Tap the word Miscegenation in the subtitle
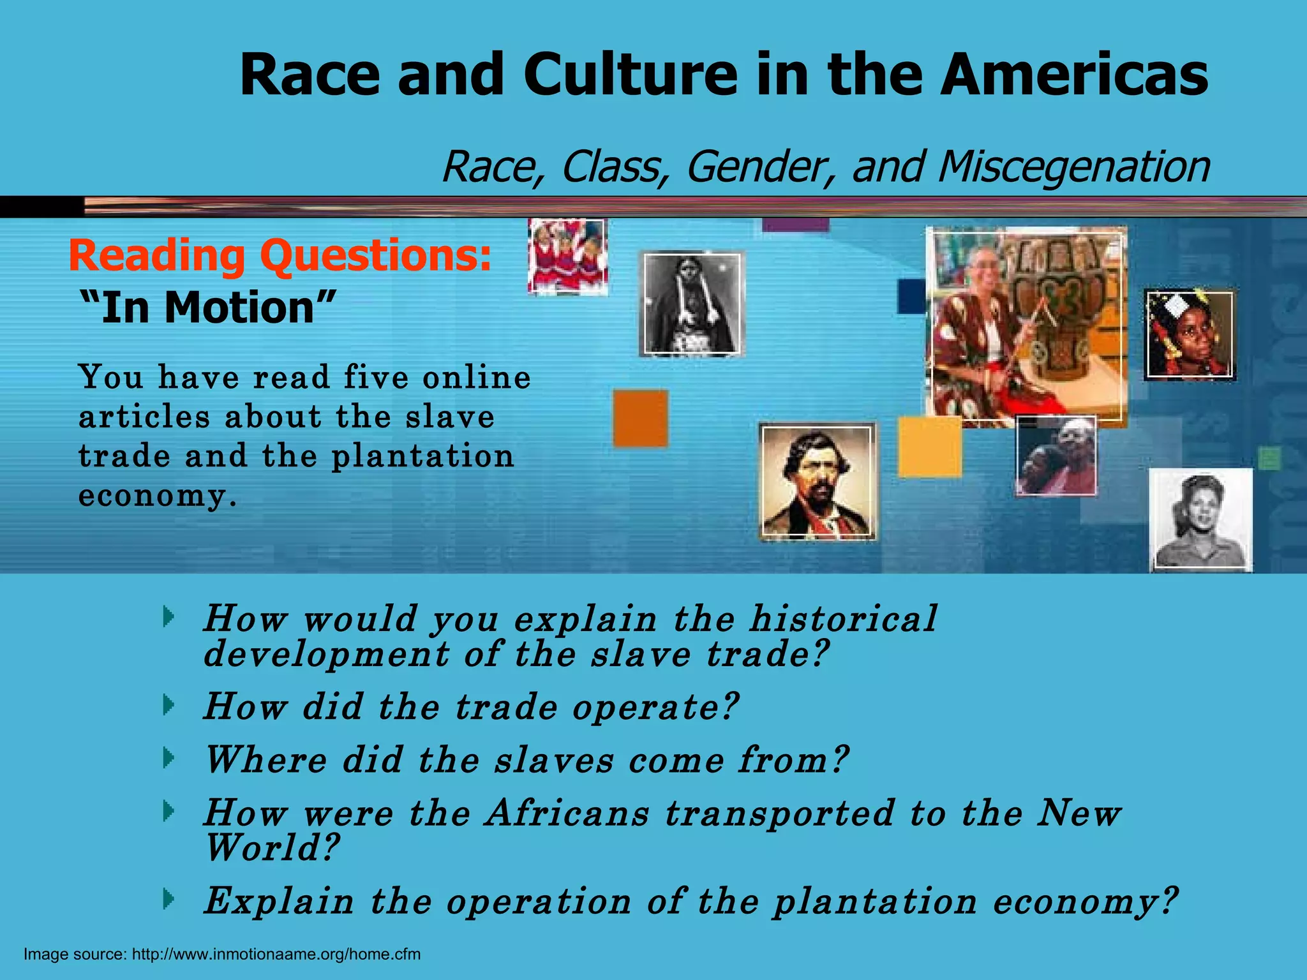(x=1073, y=167)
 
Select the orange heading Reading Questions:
(x=280, y=255)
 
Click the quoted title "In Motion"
(x=207, y=308)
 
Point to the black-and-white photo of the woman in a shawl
(x=692, y=304)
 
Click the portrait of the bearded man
(x=818, y=481)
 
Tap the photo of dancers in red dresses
(x=567, y=256)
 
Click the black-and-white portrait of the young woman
(x=1200, y=519)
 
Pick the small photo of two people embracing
(x=1056, y=456)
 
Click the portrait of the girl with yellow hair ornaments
(x=1190, y=335)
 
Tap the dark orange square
(x=641, y=419)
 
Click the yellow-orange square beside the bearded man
(x=929, y=447)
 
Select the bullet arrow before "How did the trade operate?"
(x=168, y=705)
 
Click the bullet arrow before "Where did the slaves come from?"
(x=168, y=759)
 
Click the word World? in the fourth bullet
(x=271, y=849)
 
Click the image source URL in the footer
(x=276, y=954)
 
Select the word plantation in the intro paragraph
(x=422, y=457)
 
